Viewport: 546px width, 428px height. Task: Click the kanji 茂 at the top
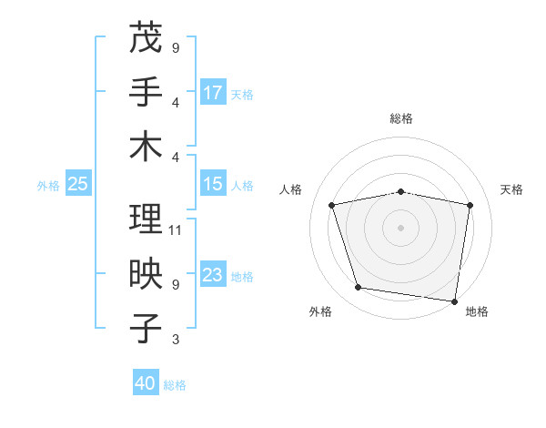[x=146, y=38]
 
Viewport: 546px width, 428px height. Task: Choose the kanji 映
[x=146, y=274]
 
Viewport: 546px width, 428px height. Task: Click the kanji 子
[x=146, y=329]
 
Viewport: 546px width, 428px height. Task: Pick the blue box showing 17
[x=213, y=92]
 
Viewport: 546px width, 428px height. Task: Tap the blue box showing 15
[x=213, y=184]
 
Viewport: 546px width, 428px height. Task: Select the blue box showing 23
[x=213, y=275]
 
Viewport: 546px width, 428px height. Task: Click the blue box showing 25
[x=77, y=184]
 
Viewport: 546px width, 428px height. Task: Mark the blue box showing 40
[x=145, y=383]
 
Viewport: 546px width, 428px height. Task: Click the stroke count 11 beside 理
[x=176, y=229]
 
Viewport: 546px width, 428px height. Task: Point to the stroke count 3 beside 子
[x=175, y=340]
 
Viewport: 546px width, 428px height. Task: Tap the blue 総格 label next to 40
[x=175, y=385]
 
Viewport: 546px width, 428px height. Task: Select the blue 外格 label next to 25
[x=48, y=186]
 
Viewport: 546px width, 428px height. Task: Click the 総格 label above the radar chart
[x=401, y=118]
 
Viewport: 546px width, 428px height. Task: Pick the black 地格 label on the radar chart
[x=477, y=312]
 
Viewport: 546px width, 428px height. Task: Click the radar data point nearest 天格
[x=470, y=205]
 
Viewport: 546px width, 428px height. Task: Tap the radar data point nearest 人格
[x=332, y=205]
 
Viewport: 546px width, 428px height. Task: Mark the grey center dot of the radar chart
[x=401, y=227]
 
